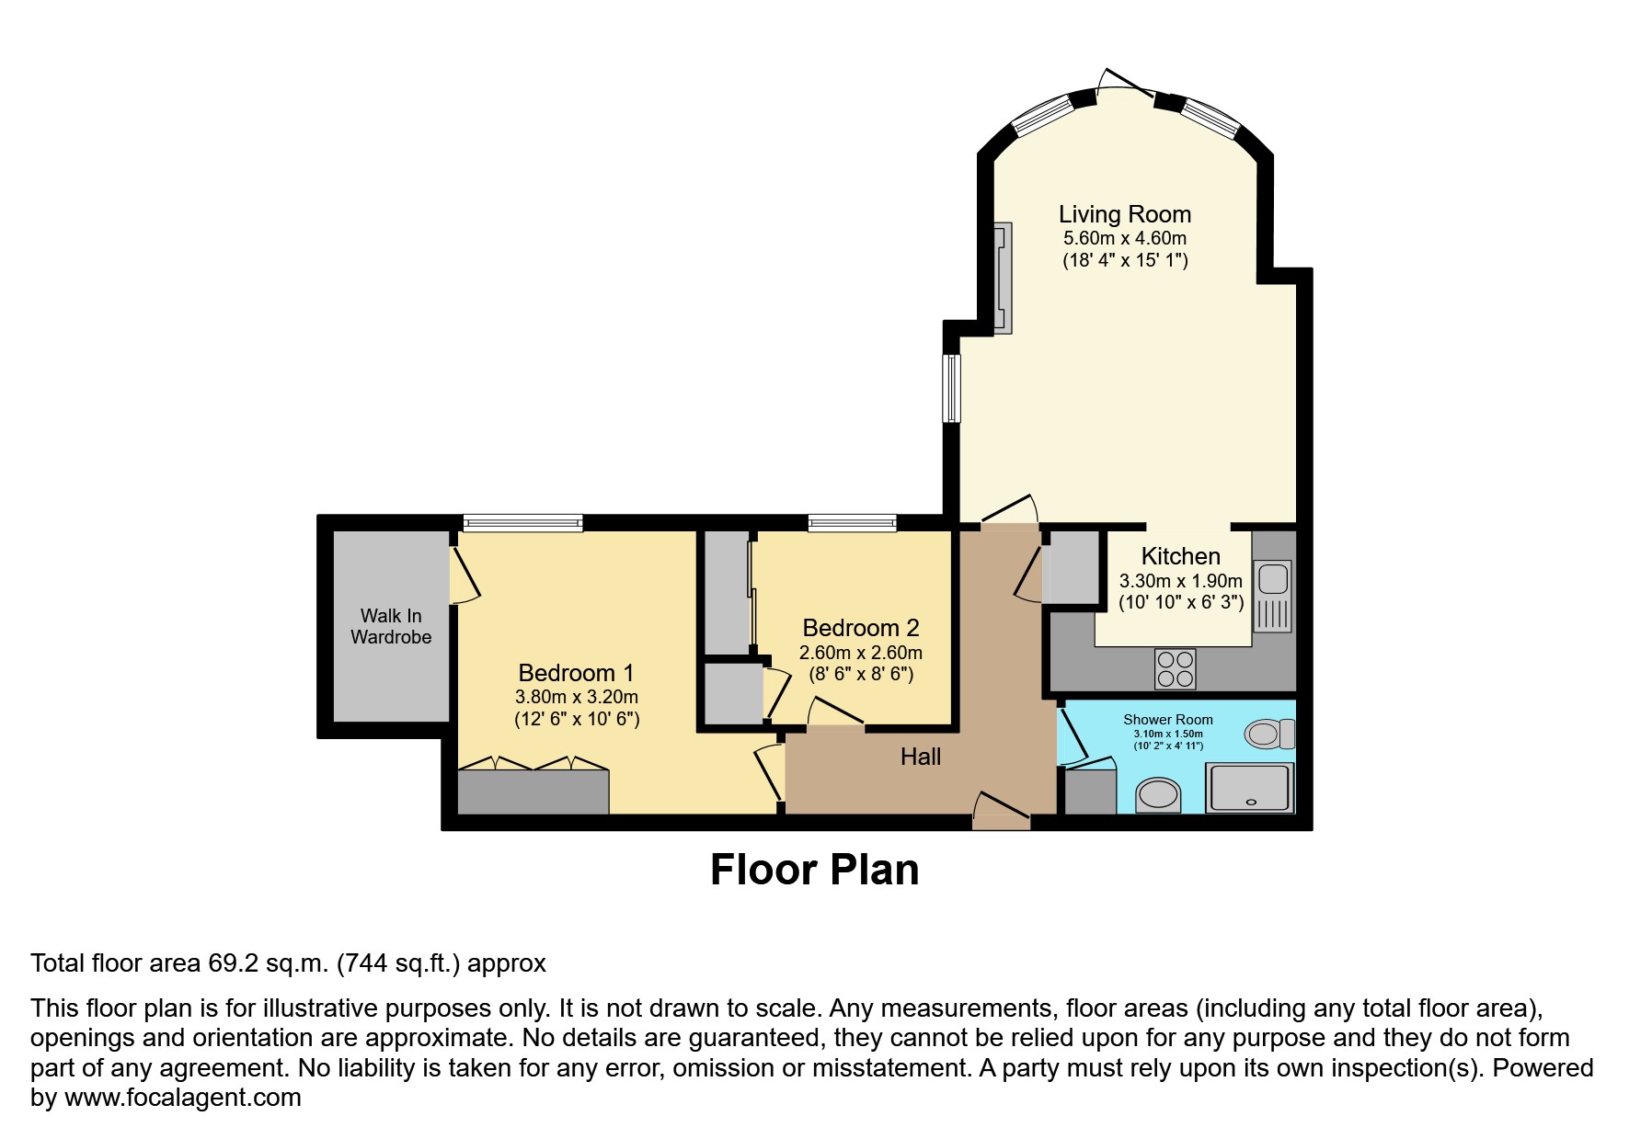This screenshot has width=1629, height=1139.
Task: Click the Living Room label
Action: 1124,214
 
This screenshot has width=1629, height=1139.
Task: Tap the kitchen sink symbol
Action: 1273,596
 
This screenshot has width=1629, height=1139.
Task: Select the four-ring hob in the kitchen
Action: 1175,668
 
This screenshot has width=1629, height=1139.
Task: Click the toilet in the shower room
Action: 1269,734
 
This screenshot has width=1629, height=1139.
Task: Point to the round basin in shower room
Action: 1158,794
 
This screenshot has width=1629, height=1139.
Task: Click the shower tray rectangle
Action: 1250,788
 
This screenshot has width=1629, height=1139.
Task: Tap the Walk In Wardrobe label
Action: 391,626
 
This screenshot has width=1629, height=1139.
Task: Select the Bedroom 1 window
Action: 522,523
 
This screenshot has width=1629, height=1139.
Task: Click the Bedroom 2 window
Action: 852,523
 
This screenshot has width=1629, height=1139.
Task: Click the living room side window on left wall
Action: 952,388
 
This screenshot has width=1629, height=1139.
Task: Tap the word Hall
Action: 920,757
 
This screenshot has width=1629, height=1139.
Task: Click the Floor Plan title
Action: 814,870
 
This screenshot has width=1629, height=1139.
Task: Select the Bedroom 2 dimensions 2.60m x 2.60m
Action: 860,653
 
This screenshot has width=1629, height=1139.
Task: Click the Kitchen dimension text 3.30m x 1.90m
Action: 1180,581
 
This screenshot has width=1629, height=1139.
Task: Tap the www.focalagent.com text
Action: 182,1098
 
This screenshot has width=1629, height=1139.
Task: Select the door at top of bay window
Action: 1126,84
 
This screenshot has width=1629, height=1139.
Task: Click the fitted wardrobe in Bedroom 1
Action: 533,792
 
